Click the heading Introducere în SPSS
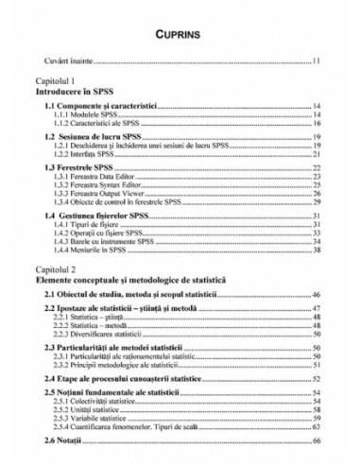click(74, 93)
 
